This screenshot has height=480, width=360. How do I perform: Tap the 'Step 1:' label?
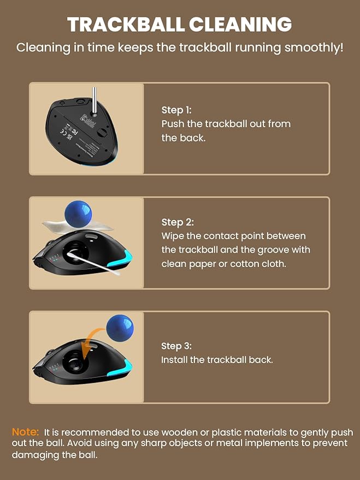pyautogui.click(x=176, y=110)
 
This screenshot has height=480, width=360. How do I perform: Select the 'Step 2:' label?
pyautogui.click(x=178, y=222)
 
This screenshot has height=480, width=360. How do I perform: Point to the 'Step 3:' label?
pyautogui.click(x=176, y=346)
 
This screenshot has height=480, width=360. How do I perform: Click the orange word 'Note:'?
pyautogui.click(x=25, y=432)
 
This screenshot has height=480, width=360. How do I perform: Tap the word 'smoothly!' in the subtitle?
pyautogui.click(x=314, y=48)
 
